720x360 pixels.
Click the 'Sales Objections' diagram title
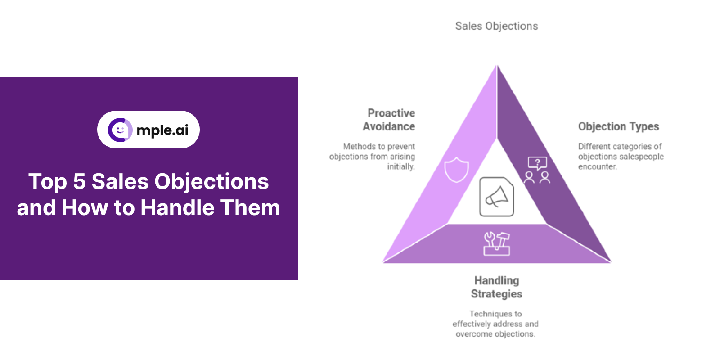[496, 26]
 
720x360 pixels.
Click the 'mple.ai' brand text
[162, 130]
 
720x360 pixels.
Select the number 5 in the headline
[79, 182]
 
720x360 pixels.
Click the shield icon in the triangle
[456, 170]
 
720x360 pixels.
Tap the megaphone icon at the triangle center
[497, 197]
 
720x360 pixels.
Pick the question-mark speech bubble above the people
[537, 162]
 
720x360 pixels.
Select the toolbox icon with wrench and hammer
[497, 243]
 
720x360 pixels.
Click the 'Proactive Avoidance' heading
[390, 120]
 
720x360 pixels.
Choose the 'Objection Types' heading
[618, 126]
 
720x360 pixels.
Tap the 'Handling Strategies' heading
[497, 287]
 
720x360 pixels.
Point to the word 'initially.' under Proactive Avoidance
[401, 166]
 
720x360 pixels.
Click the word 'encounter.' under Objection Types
[598, 166]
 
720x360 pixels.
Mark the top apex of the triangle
[497, 66]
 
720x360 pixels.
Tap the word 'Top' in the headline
[48, 182]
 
